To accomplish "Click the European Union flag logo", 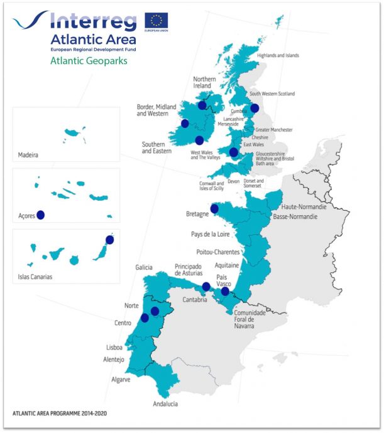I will click(x=156, y=21).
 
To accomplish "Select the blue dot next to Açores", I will click(x=41, y=215).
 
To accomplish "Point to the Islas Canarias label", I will click(x=36, y=277).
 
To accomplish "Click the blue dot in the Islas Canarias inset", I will click(x=110, y=239).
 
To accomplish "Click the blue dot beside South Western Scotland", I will click(x=255, y=107).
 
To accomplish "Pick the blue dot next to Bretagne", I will click(x=214, y=208).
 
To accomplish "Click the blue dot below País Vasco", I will click(x=225, y=291).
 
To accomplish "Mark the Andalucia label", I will click(x=165, y=404).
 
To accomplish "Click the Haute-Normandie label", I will click(x=304, y=206).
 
